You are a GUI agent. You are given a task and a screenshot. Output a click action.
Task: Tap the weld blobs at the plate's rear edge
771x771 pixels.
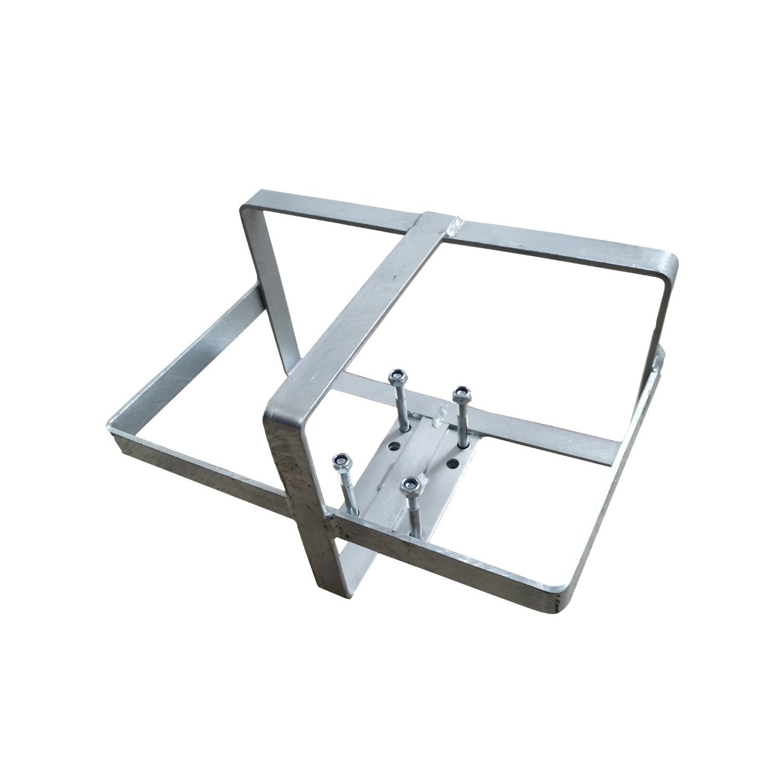point(439,416)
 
